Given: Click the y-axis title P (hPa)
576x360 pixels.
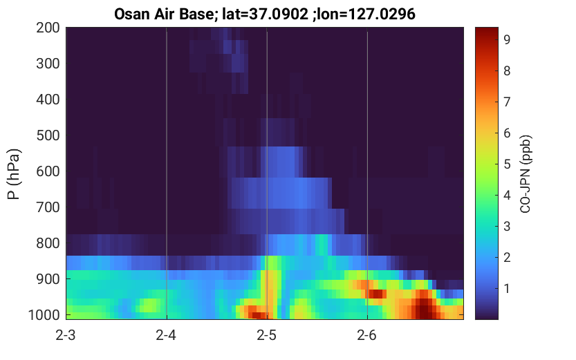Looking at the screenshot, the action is pos(14,174).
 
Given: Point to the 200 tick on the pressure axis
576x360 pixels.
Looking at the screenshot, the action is pos(48,28).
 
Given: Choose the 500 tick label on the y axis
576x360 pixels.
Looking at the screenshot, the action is pos(48,135).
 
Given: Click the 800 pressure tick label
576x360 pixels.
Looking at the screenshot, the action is pos(48,243).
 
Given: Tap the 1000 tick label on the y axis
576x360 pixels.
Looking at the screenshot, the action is pos(44,315).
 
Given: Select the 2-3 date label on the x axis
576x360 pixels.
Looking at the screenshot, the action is pos(66,335).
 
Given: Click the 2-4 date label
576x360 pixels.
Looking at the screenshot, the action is pos(166,335).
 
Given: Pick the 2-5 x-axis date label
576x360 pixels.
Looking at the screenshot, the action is pos(267,335).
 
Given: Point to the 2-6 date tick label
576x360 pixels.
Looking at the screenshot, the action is pos(367,335).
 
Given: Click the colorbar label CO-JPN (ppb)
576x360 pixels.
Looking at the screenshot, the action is pos(526,174).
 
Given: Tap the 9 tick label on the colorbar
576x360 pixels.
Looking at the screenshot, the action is pos(507,39).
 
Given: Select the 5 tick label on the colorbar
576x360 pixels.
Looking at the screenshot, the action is pos(507,164).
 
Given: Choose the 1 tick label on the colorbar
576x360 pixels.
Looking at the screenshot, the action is pos(507,288).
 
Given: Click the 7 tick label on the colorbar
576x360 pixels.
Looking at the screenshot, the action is pos(507,102).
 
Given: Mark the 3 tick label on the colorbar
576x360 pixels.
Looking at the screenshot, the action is pos(507,226).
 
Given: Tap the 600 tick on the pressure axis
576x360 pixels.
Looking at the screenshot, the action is pos(48,171).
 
